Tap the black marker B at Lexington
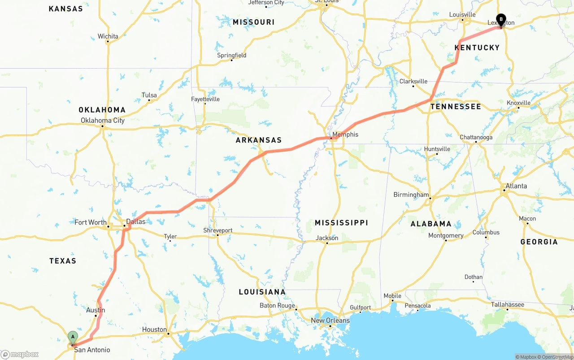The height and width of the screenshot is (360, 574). pos(501,20)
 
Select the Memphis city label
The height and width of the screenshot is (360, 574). pos(345,134)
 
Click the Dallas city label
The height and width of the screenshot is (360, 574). pos(136,221)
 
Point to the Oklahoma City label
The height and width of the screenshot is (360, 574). pos(103,120)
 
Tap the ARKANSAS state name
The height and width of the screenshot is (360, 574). pos(259,140)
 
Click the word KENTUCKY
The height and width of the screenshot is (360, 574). pos(477,48)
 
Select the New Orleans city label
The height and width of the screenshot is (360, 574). pos(330,320)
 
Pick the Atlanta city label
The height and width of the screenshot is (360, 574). pos(516,186)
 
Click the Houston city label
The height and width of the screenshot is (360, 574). pos(154,330)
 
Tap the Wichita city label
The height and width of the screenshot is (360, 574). pos(108,36)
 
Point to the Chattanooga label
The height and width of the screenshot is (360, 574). pos(476,137)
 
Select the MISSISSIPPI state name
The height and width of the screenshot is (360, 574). pos(341,223)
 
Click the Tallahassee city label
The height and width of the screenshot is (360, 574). pos(507,304)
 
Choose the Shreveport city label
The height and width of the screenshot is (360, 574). pos(218,230)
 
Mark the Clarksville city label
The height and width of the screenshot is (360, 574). pos(413,81)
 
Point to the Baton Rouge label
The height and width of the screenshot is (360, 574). pos(277,306)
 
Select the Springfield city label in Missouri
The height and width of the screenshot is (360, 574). pos(232,55)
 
